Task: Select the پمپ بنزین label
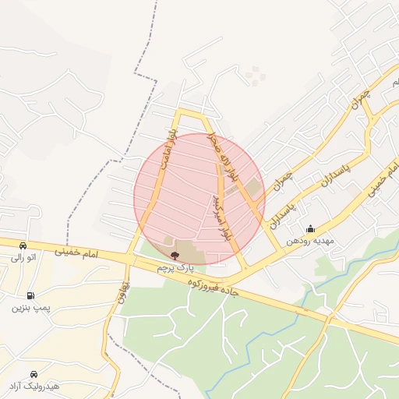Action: point(30,308)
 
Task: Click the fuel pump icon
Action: point(30,295)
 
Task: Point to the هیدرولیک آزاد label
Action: point(34,387)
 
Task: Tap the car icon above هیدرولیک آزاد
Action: point(34,374)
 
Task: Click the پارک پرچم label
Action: point(175,267)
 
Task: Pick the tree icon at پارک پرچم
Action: point(174,256)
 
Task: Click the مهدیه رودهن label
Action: point(309,241)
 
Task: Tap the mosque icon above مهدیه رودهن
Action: point(310,229)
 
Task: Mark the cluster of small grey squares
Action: point(254,75)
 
